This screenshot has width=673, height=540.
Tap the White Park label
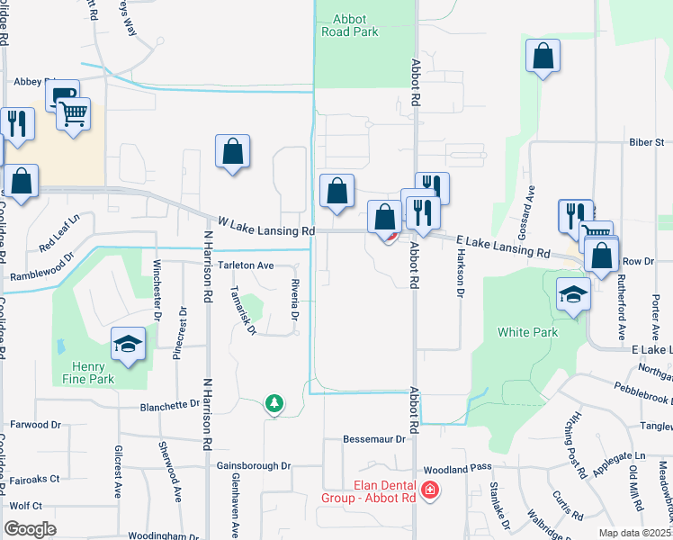(x=527, y=332)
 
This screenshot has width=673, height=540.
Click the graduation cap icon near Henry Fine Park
(x=129, y=344)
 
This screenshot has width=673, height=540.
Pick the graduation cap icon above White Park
(x=572, y=294)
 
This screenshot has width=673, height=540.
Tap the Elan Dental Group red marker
(x=431, y=490)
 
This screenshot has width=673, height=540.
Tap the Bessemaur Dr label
(x=376, y=439)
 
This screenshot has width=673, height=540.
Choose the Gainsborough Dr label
(x=254, y=466)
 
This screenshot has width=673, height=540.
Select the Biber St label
(x=646, y=142)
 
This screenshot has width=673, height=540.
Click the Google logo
(x=30, y=529)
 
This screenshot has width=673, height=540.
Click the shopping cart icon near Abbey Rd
(x=73, y=113)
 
